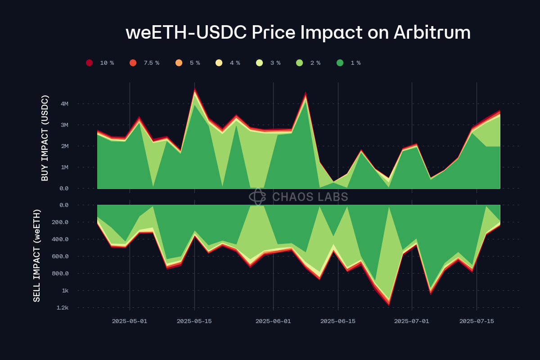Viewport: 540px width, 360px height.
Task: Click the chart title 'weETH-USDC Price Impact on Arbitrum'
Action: point(298,33)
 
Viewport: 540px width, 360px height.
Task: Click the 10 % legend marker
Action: point(89,63)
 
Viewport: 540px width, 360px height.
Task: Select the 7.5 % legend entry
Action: point(133,63)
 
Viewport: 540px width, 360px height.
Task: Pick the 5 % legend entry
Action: point(179,63)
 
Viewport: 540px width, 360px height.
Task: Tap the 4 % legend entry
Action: point(219,63)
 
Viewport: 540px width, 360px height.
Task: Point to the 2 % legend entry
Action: point(300,63)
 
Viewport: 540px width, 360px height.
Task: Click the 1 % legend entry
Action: point(340,63)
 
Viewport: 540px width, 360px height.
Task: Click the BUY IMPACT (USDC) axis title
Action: point(45,138)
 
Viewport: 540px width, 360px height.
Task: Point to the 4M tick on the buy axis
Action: point(64,104)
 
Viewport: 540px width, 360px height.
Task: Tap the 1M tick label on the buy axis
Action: point(64,167)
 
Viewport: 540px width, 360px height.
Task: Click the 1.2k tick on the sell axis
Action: point(63,308)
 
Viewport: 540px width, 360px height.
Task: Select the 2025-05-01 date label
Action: point(130,321)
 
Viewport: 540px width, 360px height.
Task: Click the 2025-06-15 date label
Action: point(338,321)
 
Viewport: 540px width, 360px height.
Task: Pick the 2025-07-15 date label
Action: point(477,321)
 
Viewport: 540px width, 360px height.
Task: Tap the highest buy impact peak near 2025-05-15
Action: point(195,89)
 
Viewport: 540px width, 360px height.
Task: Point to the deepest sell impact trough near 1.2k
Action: point(389,305)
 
